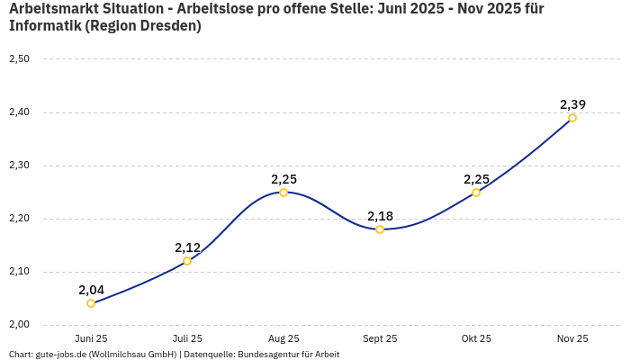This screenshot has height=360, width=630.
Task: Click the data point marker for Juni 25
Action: click(91, 303)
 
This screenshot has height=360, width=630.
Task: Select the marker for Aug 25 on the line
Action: click(283, 193)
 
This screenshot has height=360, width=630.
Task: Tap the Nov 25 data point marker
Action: click(572, 118)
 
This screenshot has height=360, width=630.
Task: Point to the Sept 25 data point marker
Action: click(380, 229)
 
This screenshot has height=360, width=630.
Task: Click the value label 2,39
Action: click(572, 104)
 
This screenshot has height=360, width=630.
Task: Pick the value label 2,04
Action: click(91, 290)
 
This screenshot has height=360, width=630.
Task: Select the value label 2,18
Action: click(380, 216)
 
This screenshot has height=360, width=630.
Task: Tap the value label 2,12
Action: click(187, 247)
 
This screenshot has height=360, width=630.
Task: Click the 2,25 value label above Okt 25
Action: click(476, 179)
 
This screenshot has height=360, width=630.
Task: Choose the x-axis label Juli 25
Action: click(187, 338)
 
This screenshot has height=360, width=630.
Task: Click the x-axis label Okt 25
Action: click(476, 338)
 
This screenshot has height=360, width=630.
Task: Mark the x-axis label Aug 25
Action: click(283, 338)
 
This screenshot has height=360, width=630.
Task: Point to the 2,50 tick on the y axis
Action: click(19, 59)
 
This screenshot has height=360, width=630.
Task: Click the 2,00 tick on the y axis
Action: click(19, 325)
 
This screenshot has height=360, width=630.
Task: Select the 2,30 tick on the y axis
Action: click(19, 166)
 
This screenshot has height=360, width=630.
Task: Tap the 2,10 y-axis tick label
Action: click(19, 272)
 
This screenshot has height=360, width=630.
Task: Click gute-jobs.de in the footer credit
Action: click(59, 355)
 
